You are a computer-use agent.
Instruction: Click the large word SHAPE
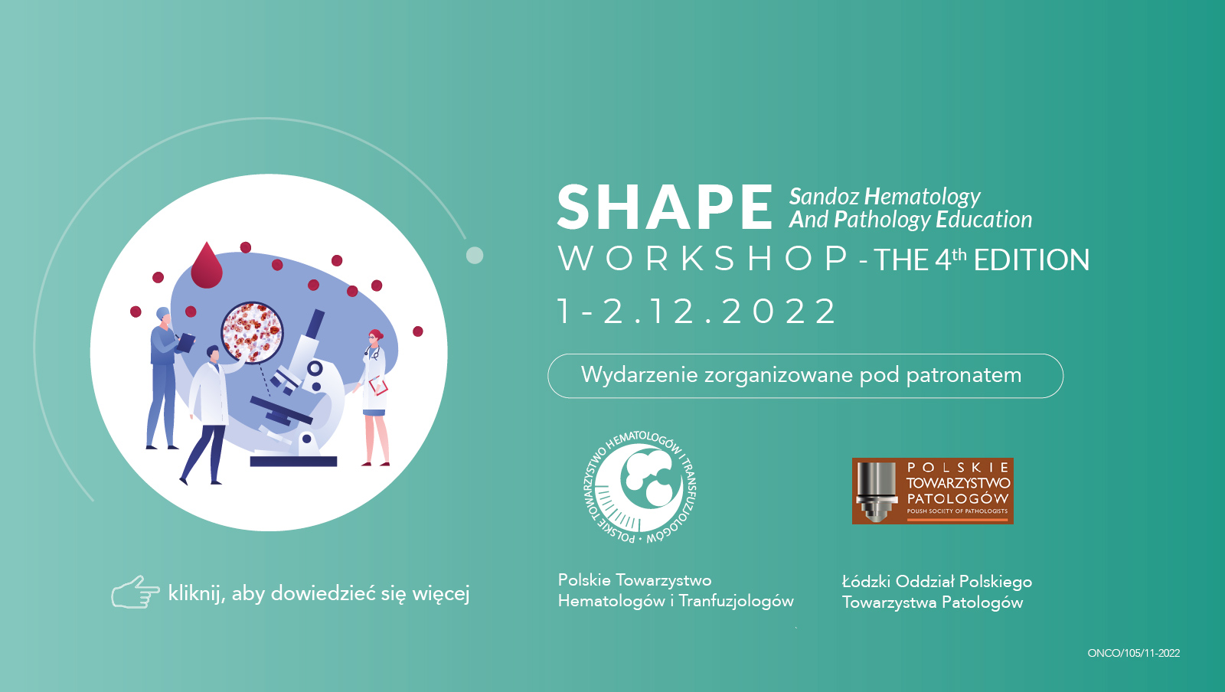click(665, 207)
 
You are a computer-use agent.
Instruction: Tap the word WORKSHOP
click(704, 259)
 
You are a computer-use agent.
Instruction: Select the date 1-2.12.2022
click(697, 312)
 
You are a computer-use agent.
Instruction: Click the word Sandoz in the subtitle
click(824, 196)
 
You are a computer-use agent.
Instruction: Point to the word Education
click(984, 219)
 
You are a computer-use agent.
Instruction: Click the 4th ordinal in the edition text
click(950, 259)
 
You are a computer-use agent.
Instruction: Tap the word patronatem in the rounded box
click(964, 376)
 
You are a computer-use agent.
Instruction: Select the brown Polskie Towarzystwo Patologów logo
click(933, 491)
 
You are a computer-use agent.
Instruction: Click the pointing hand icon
click(135, 592)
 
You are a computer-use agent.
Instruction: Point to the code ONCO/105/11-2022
click(1134, 653)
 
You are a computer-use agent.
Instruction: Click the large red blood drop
click(207, 266)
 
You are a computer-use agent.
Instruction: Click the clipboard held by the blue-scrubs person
click(186, 342)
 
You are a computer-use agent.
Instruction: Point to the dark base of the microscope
click(293, 462)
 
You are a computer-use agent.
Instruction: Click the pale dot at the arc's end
click(475, 255)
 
